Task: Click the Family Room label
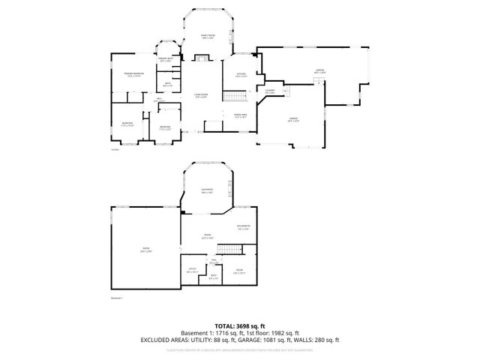tap(207, 37)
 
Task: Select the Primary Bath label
tap(166, 59)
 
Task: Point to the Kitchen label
tap(241, 75)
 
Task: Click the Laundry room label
tap(270, 91)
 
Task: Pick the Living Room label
tap(201, 94)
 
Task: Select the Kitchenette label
tap(243, 227)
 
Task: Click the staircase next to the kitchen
tap(238, 96)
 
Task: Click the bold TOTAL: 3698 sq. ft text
tap(239, 325)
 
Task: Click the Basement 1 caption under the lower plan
tap(116, 298)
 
